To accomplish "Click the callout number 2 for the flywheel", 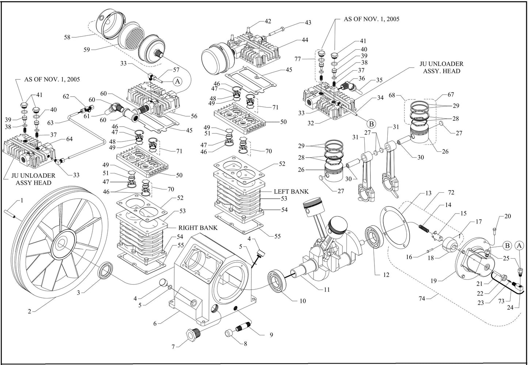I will pyautogui.click(x=29, y=312).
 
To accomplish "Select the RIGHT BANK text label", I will pyautogui.click(x=198, y=228).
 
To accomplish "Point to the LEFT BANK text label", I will pyautogui.click(x=291, y=191).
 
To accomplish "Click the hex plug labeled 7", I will pyautogui.click(x=192, y=334).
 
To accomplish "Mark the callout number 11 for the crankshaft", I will pyautogui.click(x=327, y=290).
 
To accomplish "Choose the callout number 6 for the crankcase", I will pyautogui.click(x=155, y=323).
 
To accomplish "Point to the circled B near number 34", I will pyautogui.click(x=371, y=123).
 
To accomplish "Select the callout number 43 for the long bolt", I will pyautogui.click(x=308, y=23).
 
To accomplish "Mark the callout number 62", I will pyautogui.click(x=66, y=97).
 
